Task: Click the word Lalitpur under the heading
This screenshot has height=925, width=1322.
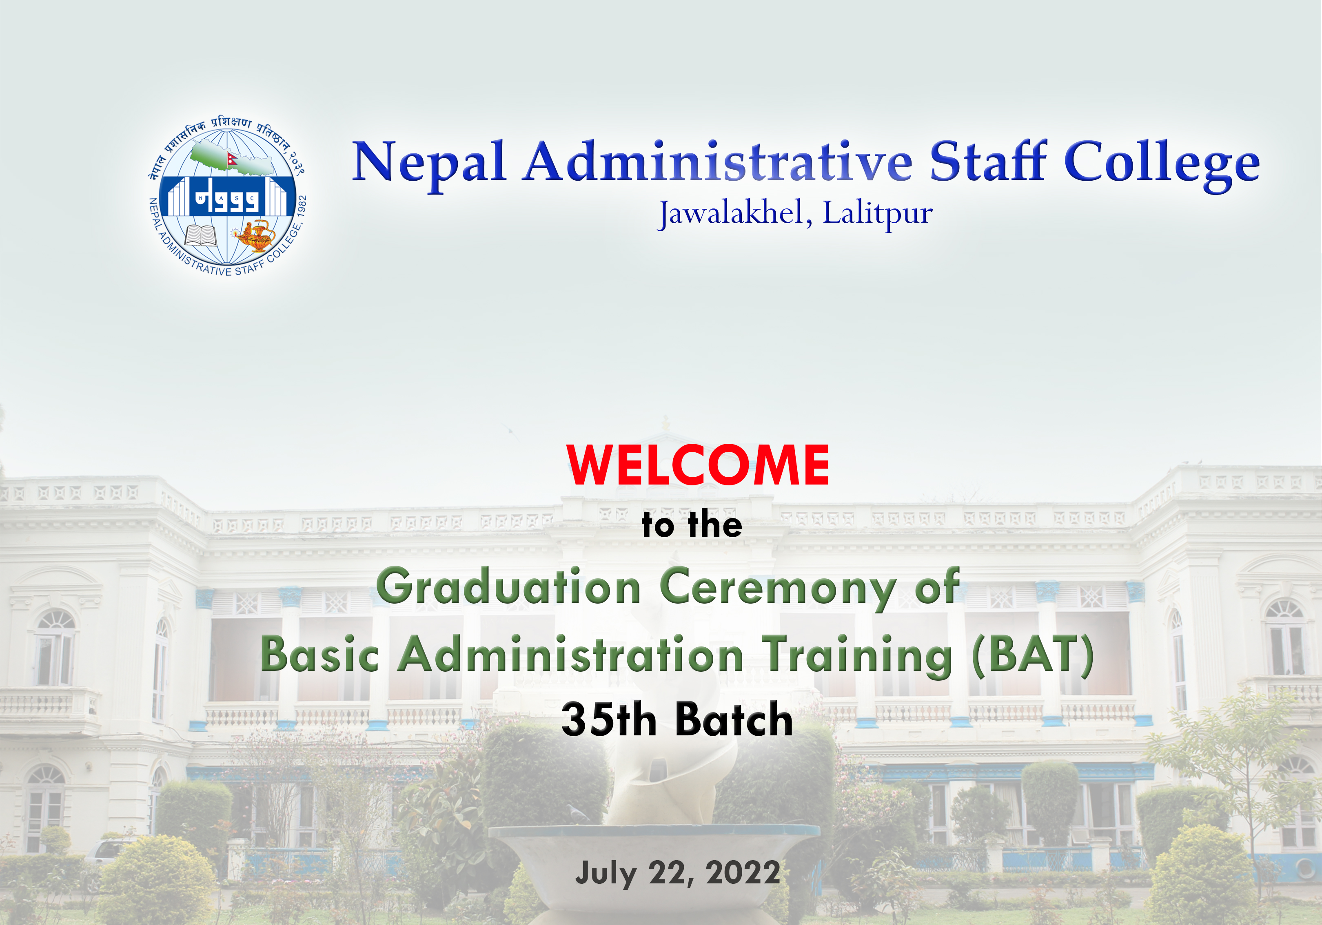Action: (878, 214)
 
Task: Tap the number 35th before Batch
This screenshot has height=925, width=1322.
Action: (609, 719)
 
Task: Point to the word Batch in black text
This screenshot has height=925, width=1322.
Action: (734, 719)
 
